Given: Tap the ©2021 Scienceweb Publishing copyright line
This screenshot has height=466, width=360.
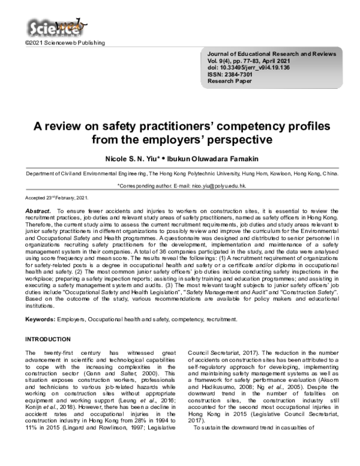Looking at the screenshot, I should [64, 43].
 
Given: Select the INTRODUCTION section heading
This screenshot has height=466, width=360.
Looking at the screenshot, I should [52, 340].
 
